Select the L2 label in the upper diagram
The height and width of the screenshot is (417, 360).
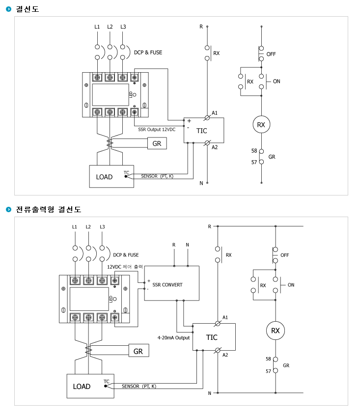(x=110, y=27)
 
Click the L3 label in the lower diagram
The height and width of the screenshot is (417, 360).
(x=102, y=227)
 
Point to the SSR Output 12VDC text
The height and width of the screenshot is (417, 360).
(x=157, y=130)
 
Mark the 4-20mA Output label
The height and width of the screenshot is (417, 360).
(x=174, y=338)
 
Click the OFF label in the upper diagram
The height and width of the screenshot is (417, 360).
(x=271, y=54)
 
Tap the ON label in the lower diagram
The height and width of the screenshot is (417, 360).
(x=291, y=285)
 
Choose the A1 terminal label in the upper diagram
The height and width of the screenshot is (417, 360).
(x=215, y=113)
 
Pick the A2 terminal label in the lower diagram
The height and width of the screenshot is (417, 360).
(x=225, y=355)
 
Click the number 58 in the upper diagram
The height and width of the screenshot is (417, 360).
(x=254, y=151)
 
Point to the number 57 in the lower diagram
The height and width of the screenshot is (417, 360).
(x=268, y=371)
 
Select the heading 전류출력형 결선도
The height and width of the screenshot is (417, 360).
(x=49, y=209)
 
